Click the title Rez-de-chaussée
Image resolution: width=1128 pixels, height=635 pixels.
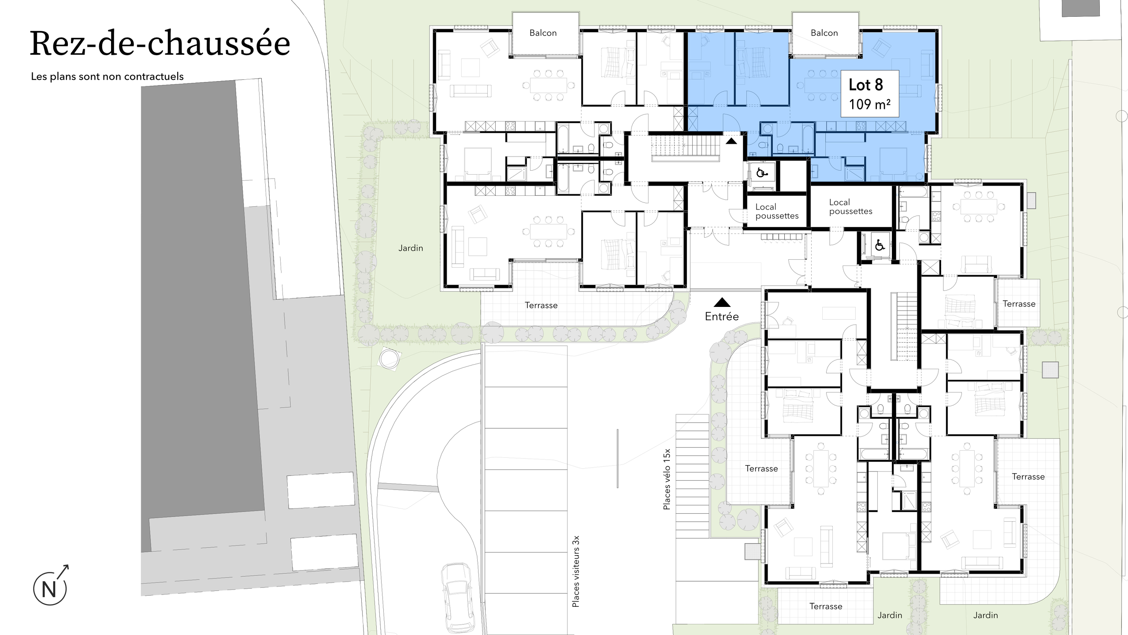(160, 44)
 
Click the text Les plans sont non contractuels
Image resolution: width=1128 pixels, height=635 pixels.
(107, 76)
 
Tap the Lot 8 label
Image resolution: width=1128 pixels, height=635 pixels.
(866, 85)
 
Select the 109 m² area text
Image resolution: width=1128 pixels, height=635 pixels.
(869, 105)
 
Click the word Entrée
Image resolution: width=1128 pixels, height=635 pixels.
(722, 316)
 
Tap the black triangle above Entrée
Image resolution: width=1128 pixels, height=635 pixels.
(722, 303)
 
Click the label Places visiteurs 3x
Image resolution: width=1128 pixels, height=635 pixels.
(575, 571)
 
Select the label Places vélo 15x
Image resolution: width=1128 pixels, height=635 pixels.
(667, 479)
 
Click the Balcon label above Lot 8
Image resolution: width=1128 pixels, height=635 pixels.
(824, 33)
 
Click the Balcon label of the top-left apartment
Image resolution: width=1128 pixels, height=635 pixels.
(543, 33)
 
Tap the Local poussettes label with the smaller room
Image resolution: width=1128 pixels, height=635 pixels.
(776, 211)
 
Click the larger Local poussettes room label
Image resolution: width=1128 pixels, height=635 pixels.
(850, 207)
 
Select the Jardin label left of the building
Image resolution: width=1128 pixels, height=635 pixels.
(410, 248)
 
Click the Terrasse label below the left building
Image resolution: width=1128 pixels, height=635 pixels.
(541, 305)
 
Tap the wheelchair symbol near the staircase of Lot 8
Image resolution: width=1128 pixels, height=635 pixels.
(761, 172)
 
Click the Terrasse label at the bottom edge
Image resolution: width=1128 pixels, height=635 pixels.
(825, 606)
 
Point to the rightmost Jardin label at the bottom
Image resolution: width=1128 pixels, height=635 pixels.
(985, 615)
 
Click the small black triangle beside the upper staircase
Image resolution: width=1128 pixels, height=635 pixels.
(731, 142)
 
